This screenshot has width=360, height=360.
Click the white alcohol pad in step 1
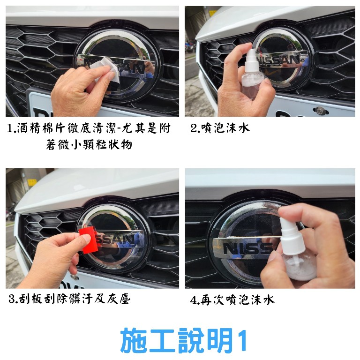click(107, 69)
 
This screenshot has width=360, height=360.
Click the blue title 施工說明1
click(183, 340)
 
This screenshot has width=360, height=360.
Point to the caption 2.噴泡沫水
click(220, 128)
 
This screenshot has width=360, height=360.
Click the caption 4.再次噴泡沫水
click(232, 300)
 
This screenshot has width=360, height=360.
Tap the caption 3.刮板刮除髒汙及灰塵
click(69, 299)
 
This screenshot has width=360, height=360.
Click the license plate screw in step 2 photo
click(320, 110)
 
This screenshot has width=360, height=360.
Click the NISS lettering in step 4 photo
click(248, 249)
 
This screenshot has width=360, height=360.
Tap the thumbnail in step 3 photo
click(86, 238)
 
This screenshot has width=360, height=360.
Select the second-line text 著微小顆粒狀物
click(89, 145)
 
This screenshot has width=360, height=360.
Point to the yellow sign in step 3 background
click(32, 182)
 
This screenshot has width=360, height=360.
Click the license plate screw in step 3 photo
click(75, 277)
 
